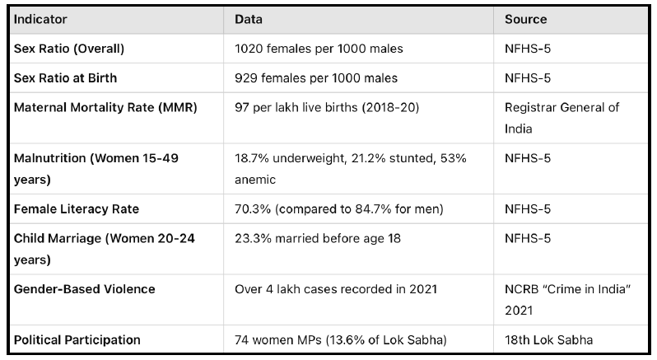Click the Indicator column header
coord(40,19)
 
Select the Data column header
coord(249,19)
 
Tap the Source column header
coord(526,19)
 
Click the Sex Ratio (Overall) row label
coord(69,49)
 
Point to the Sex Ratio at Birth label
coord(65,78)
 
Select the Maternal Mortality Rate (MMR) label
coord(105,108)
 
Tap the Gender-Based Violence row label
coord(84,289)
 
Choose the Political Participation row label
coord(77,339)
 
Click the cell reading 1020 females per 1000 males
coord(319,49)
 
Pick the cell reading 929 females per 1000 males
coord(316,78)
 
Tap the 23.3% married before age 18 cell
coord(319,239)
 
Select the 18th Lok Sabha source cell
coord(547,339)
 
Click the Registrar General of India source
coord(561,119)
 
